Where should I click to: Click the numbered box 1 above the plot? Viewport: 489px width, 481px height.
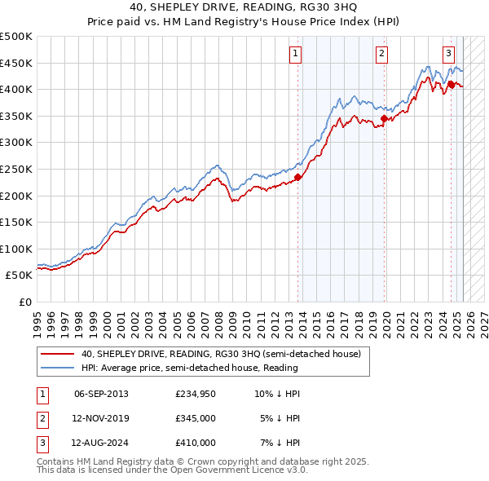[294, 55]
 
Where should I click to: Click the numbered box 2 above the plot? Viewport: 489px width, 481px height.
[381, 55]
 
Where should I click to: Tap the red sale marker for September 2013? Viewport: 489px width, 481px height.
[298, 177]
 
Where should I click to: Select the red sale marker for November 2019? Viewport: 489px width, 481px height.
[384, 118]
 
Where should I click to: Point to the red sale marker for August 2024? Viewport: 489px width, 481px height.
[451, 83]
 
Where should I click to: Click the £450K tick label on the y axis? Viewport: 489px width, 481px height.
[16, 63]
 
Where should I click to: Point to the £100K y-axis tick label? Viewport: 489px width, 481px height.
[16, 249]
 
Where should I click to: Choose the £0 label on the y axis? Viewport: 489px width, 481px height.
[25, 302]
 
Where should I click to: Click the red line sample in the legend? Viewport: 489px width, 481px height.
[59, 354]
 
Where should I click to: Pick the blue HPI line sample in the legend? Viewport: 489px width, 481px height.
[59, 368]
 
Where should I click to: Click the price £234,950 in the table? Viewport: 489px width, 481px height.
[196, 394]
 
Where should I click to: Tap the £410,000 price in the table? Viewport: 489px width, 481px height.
[196, 443]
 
